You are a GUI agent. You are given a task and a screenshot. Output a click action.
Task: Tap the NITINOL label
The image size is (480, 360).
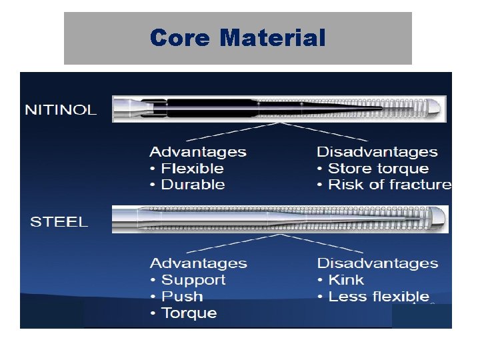coord(61,110)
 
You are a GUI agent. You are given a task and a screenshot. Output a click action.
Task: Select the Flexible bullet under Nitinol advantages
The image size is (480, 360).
coord(192,169)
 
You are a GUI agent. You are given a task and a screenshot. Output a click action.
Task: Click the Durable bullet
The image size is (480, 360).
coord(193,185)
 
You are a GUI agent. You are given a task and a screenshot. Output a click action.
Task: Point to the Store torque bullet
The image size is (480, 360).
coord(378,169)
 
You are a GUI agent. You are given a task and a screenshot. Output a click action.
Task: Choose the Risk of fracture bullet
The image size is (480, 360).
coord(389,185)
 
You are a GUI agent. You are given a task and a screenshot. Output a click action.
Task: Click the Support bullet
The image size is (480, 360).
coord(193,280)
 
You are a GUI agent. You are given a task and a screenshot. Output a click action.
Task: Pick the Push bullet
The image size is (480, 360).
coord(182,297)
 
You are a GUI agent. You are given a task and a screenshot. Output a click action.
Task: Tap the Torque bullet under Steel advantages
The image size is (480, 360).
coord(189,313)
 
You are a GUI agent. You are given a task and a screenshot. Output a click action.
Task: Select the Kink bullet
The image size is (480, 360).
coord(346,280)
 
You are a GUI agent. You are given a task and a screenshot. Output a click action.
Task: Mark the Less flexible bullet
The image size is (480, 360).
coord(379,297)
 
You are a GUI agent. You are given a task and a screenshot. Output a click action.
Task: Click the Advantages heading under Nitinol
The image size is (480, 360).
coord(198,153)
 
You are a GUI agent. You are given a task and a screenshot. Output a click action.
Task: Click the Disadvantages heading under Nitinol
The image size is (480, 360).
coord(377,153)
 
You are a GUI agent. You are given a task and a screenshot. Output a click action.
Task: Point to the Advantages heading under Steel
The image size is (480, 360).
coord(198,263)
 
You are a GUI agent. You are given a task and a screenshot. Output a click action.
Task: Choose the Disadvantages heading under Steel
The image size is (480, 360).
coord(377,263)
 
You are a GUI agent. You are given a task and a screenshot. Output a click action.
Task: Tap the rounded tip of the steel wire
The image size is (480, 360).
coord(441,219)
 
